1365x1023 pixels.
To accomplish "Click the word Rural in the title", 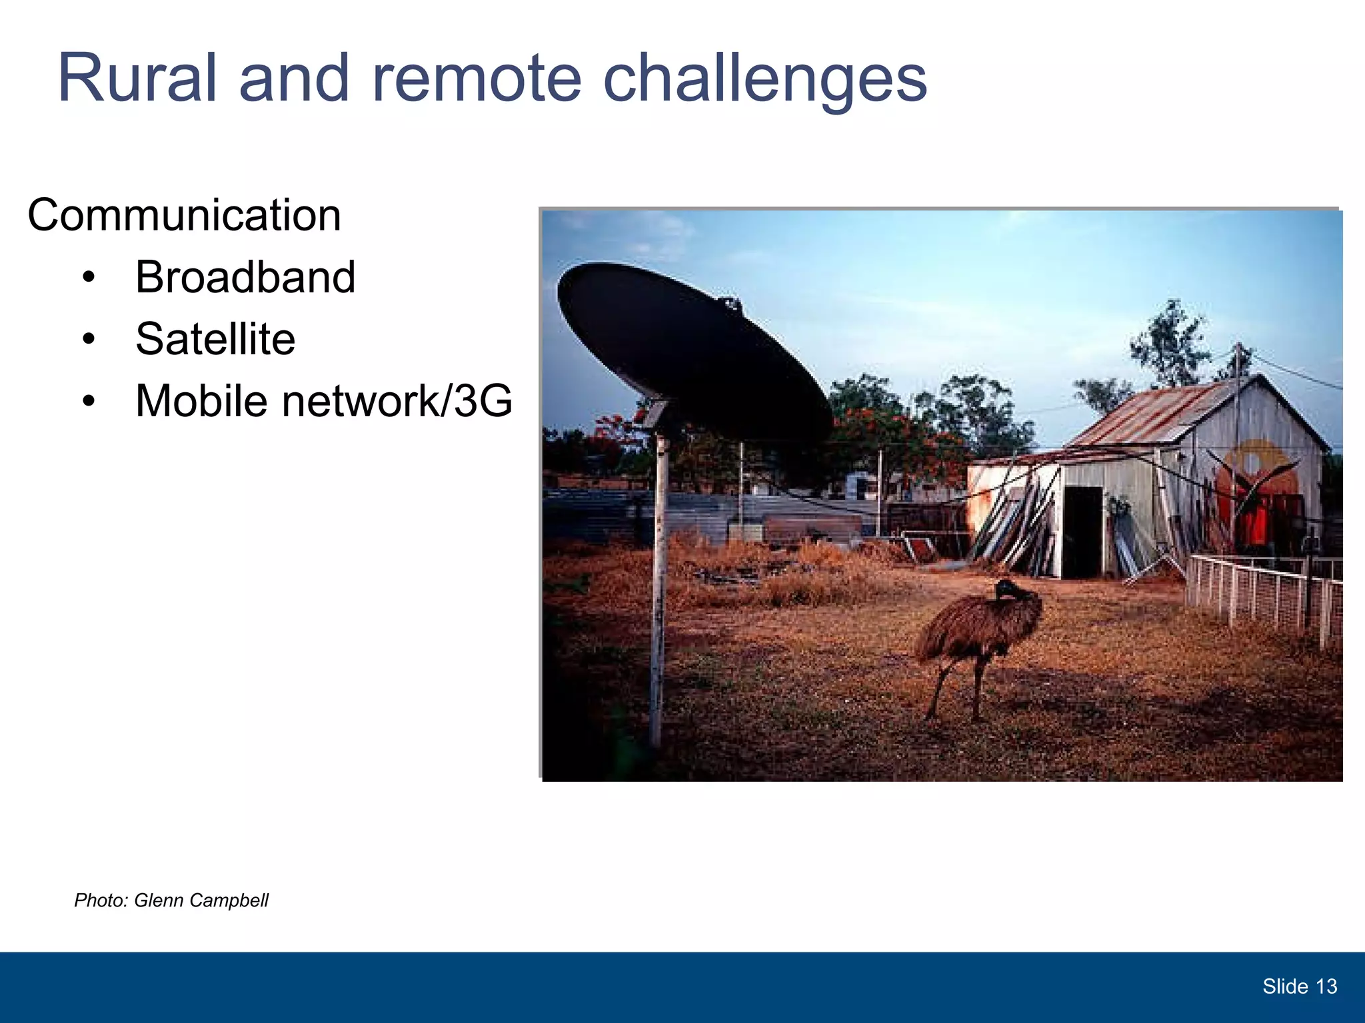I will [137, 79].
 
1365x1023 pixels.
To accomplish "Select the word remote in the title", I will [477, 79].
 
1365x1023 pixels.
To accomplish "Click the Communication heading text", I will [184, 216].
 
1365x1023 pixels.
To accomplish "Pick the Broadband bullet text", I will [245, 277].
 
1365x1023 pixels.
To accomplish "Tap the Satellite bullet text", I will [215, 339].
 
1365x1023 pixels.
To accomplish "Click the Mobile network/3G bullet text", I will [324, 401].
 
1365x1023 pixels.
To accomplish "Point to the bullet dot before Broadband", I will [89, 278].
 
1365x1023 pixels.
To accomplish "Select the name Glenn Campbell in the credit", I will [201, 900].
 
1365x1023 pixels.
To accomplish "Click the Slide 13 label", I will [1299, 986].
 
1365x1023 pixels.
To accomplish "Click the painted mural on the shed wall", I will [1253, 486].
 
